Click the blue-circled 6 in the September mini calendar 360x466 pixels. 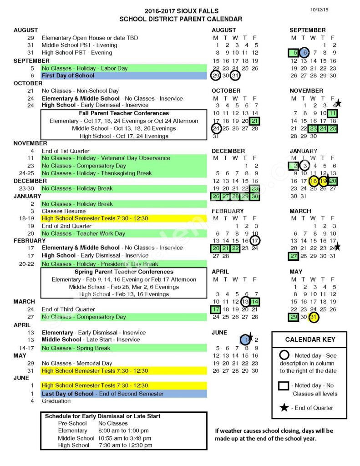click(304, 53)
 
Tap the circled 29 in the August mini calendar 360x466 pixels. click(216, 76)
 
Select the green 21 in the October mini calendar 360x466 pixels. click(254, 121)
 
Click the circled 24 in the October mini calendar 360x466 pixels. click(216, 128)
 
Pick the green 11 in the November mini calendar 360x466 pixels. click(333, 113)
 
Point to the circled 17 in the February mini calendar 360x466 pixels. click(255, 241)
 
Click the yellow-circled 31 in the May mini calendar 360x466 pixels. click(313, 317)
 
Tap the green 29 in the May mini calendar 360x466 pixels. click(294, 317)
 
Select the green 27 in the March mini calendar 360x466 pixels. click(294, 256)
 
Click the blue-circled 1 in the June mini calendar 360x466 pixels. click(245, 339)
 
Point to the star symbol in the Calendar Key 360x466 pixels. click(284, 407)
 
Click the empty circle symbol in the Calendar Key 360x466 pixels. click(284, 355)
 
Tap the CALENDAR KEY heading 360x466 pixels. click(309, 339)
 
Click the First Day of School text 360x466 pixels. click(68, 76)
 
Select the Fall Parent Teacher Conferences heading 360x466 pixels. click(124, 113)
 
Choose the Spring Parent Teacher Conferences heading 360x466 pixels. click(124, 272)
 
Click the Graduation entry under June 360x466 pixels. click(56, 401)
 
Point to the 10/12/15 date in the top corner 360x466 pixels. click(319, 10)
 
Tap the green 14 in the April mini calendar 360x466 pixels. click(254, 302)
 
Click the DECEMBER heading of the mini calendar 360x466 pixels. click(228, 151)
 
